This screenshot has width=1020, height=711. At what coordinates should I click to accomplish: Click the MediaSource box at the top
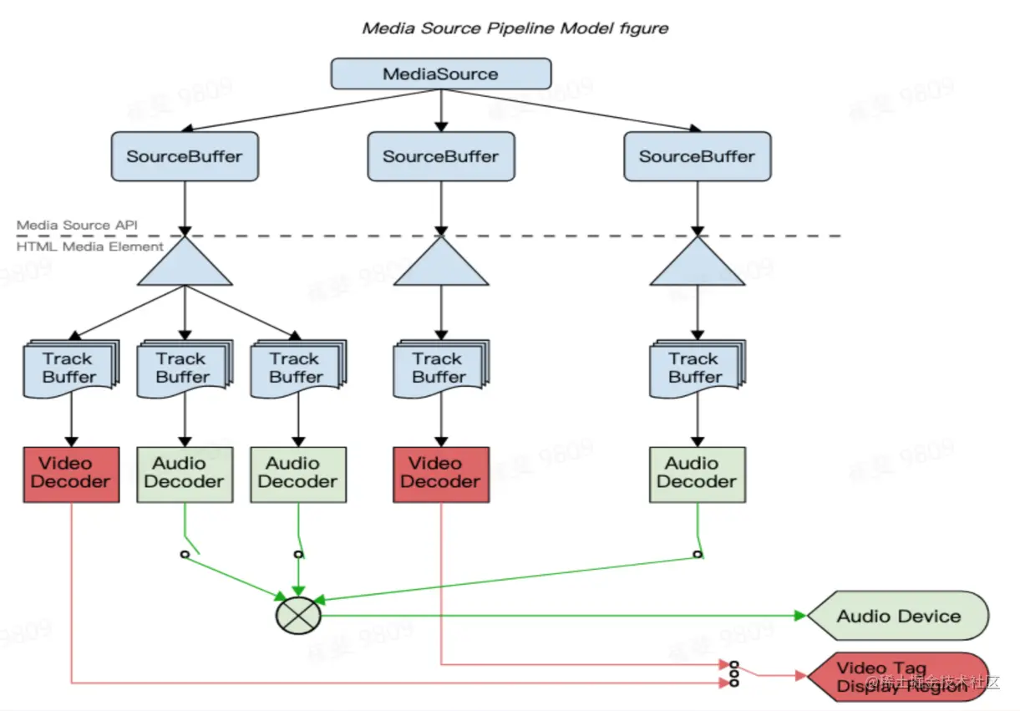tap(441, 74)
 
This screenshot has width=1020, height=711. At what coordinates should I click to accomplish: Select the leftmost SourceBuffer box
tap(185, 156)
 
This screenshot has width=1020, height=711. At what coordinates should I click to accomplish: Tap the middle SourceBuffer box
tap(441, 156)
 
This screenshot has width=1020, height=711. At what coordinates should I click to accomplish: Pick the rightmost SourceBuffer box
tap(697, 156)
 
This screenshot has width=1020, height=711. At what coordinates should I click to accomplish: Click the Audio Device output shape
tap(898, 617)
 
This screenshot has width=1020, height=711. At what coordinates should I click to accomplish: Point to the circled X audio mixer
tap(298, 616)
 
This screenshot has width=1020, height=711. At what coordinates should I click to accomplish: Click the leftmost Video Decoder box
tap(71, 474)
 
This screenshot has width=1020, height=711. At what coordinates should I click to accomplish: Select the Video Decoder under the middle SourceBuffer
tap(441, 474)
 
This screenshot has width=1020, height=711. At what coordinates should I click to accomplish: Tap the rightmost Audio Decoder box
tap(697, 474)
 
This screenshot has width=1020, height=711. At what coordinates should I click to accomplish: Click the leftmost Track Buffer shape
tap(69, 368)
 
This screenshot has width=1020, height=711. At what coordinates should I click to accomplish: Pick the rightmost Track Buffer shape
tap(695, 368)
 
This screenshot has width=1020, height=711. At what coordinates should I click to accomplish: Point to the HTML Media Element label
tap(90, 247)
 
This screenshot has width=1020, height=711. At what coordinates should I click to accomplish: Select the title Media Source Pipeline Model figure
tap(515, 28)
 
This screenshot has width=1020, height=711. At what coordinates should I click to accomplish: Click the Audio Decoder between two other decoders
tap(185, 474)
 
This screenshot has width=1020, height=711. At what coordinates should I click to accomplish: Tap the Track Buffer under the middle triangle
tap(439, 368)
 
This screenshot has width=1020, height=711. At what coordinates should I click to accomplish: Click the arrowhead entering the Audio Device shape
tap(800, 616)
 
